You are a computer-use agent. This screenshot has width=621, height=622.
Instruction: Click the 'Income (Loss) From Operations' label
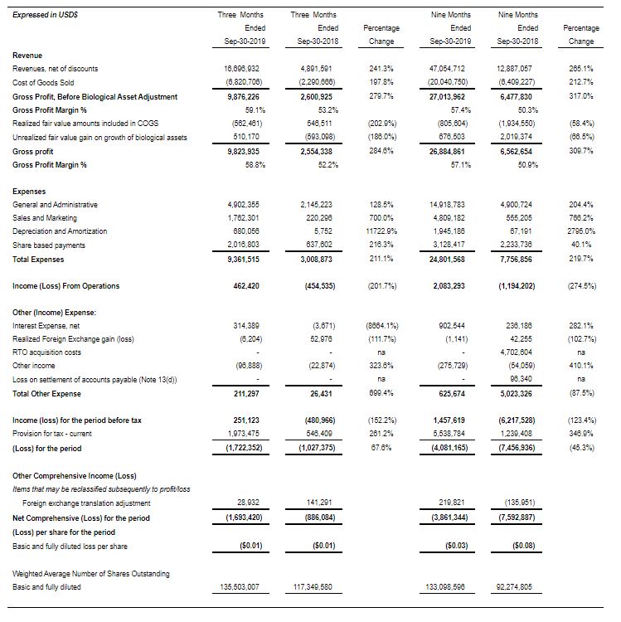[66, 286]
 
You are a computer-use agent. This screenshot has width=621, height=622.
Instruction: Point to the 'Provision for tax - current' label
[60, 434]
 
